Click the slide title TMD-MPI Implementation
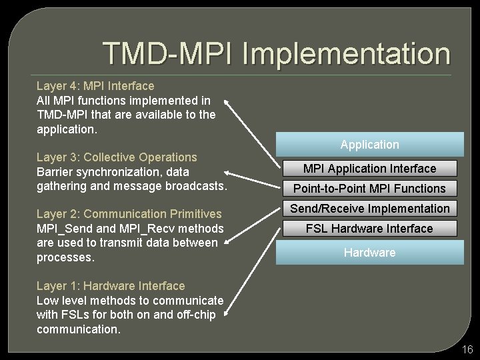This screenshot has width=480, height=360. point(276,54)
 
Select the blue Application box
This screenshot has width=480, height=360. point(369,144)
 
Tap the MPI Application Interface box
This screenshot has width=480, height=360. point(369,169)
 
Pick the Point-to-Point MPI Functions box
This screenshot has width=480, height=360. point(369,189)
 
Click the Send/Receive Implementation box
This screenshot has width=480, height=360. point(369,209)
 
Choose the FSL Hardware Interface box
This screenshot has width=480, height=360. point(369,229)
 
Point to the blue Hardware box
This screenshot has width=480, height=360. point(369,253)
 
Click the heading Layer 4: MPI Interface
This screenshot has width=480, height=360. point(95,86)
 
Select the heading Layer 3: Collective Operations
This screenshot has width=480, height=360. point(117,157)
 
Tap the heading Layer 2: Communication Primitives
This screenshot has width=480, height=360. point(129,214)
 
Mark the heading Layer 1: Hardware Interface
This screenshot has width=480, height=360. point(111,286)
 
